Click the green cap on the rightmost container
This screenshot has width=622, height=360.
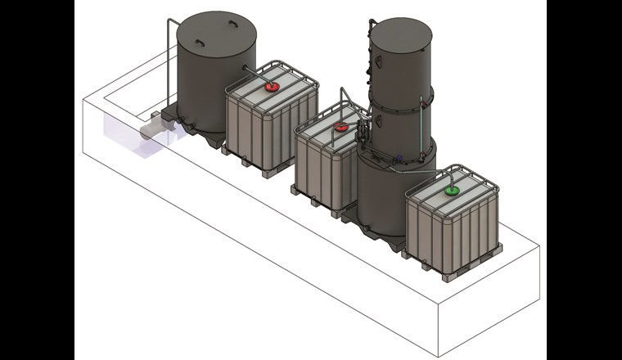pos(451,191)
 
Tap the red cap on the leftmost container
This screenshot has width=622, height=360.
pos(270,86)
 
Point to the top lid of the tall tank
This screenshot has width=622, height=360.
pos(400,32)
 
